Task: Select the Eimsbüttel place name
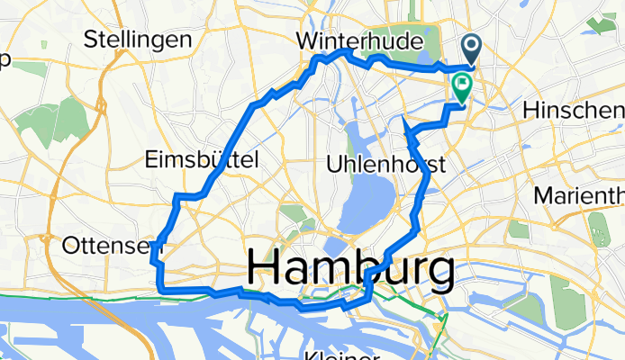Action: tap(202, 160)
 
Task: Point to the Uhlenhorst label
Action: tap(388, 166)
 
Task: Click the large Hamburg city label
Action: tap(349, 268)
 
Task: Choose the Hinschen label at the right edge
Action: tap(573, 110)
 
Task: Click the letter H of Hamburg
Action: tap(261, 268)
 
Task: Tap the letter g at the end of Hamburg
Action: tap(439, 273)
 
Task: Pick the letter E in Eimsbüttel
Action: tap(150, 160)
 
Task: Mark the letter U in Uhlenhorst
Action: tap(334, 166)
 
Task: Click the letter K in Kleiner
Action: tap(311, 354)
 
